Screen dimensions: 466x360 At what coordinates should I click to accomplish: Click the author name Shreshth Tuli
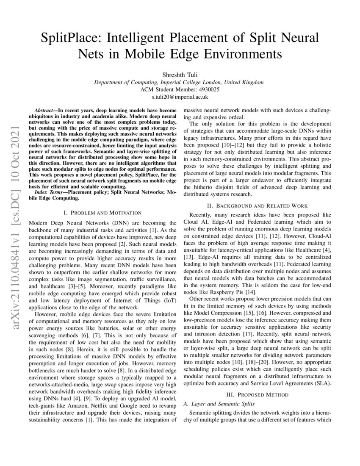180,75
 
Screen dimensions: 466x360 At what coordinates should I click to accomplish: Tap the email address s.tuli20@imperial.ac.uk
180,97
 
